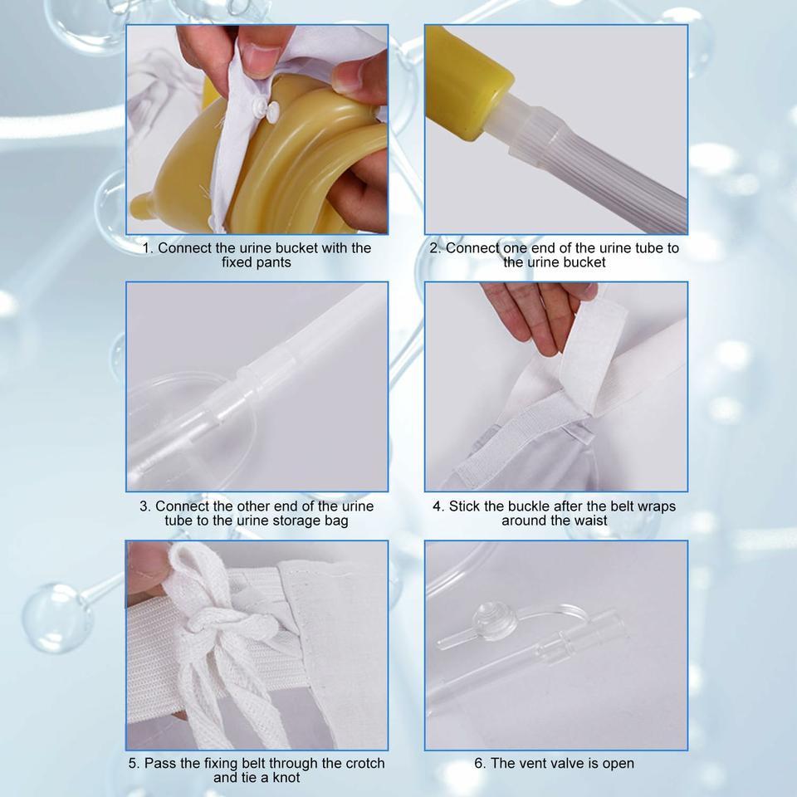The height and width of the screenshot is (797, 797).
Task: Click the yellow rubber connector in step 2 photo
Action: tap(466, 81)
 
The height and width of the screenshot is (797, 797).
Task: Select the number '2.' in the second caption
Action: tap(435, 248)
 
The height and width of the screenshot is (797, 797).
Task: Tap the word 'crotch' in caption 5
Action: tap(365, 763)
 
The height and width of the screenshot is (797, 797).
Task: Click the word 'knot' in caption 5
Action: tap(286, 778)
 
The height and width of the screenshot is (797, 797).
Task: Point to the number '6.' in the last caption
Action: tap(481, 763)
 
